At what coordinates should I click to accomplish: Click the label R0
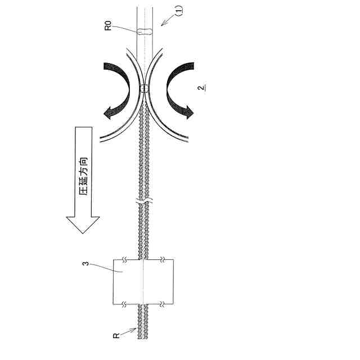click(108, 25)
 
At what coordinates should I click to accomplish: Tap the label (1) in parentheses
click(179, 11)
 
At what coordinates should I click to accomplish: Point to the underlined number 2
click(202, 88)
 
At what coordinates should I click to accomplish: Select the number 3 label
click(85, 263)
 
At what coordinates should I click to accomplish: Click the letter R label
click(116, 336)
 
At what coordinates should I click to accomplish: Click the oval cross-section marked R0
click(145, 31)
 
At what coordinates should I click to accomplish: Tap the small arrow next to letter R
click(128, 332)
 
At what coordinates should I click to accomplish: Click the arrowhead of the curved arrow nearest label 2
click(189, 112)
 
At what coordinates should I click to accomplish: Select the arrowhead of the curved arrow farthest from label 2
click(109, 113)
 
